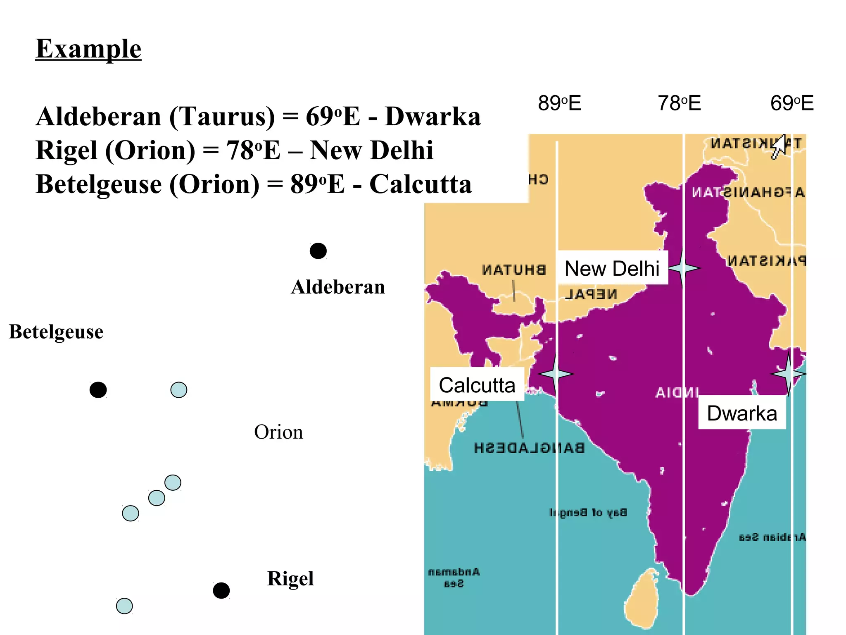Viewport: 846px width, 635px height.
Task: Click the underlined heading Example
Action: (88, 49)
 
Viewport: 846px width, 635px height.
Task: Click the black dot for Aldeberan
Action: (318, 251)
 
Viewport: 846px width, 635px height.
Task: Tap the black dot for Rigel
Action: (221, 590)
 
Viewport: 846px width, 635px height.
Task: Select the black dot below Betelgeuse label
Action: (98, 390)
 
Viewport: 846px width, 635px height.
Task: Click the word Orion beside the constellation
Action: (278, 432)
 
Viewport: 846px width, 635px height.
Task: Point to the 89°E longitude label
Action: (559, 103)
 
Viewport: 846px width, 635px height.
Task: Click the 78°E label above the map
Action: (679, 103)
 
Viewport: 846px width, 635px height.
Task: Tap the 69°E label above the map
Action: (792, 103)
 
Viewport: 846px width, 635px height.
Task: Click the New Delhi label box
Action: (612, 268)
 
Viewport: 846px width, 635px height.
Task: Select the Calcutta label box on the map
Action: (477, 385)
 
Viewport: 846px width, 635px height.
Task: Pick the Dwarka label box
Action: (742, 413)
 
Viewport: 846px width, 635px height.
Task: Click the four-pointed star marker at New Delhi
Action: (683, 268)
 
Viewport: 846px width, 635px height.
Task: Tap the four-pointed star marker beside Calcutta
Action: (556, 374)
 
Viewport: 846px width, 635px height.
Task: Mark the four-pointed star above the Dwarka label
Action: (788, 374)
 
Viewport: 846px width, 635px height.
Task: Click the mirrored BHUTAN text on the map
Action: (514, 270)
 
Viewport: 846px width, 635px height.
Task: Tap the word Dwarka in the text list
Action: (433, 117)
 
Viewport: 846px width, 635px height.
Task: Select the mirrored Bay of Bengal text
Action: (588, 513)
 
